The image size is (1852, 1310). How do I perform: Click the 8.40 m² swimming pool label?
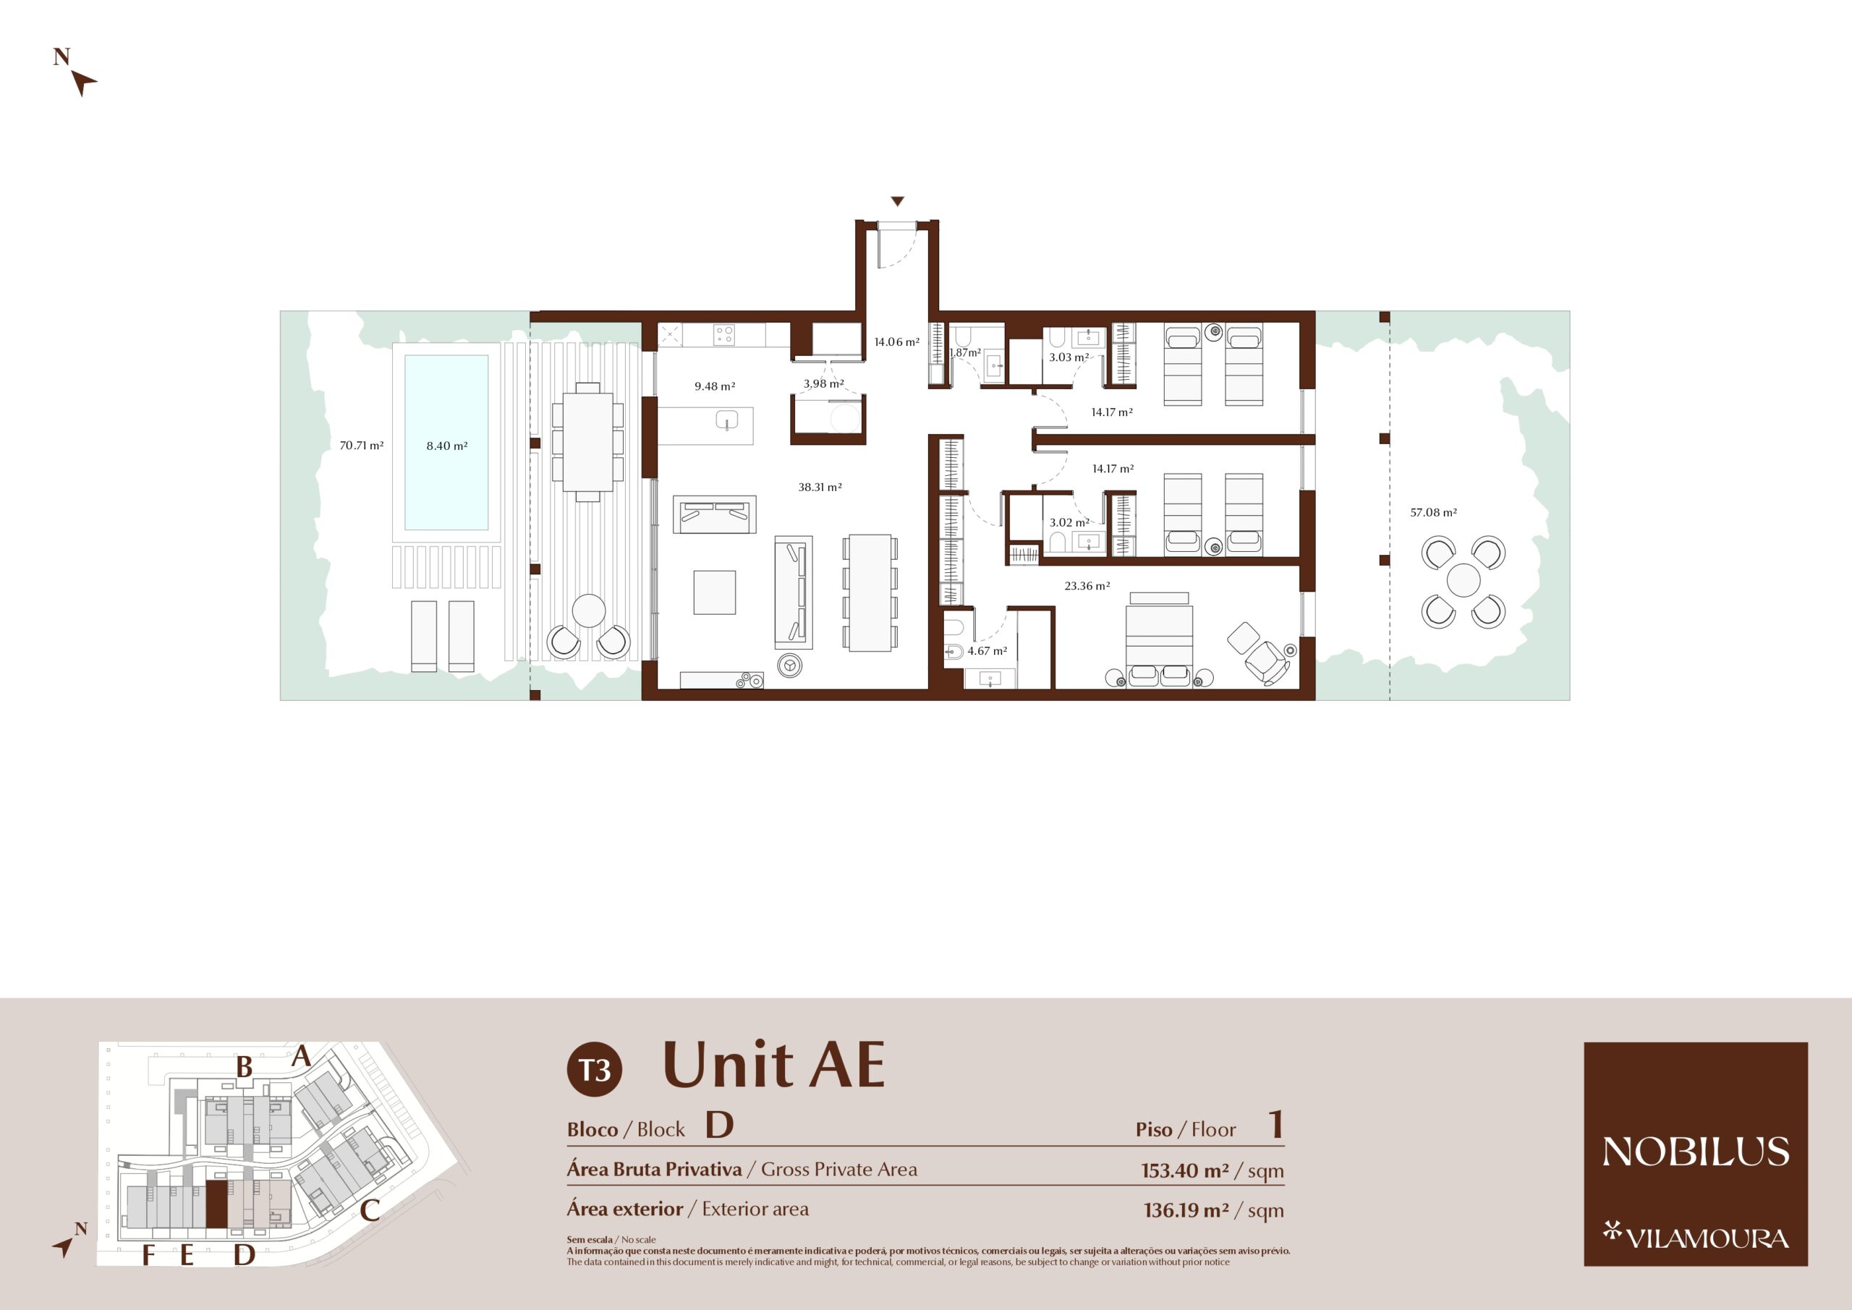pos(447,446)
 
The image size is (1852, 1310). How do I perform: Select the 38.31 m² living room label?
pos(820,488)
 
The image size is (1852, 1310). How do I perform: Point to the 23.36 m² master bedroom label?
pos(1087,586)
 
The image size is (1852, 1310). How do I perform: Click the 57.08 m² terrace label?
pos(1433,512)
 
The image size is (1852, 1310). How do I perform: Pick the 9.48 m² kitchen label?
pos(715,386)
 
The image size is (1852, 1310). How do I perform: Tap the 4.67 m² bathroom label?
pos(987,651)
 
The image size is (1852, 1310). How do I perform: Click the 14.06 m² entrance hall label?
pos(897,342)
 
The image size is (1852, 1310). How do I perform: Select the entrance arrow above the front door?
pos(897,202)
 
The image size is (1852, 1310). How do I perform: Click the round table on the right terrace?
pos(1464,581)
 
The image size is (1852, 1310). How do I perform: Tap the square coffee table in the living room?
pos(715,593)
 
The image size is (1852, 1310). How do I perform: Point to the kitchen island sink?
pos(727,420)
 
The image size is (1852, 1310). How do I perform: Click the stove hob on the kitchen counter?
pos(723,335)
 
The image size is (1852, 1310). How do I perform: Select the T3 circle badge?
pos(595,1071)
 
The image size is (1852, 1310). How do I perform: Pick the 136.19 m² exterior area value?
pos(1186,1210)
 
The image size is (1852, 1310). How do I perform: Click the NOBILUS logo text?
pos(1696,1151)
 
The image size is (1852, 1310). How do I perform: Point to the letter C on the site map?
pos(370,1210)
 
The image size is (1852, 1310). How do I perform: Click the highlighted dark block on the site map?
pos(217,1204)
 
